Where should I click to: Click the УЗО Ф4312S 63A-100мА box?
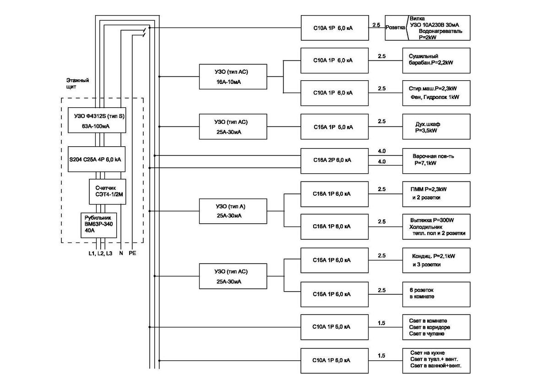tap(97, 120)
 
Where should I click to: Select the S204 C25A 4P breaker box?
tap(97, 159)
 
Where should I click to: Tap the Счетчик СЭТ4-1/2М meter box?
tap(107, 191)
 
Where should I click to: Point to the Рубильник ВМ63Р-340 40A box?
tap(98, 225)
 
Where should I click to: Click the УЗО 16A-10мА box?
tap(233, 77)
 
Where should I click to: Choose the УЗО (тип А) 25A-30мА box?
tap(233, 211)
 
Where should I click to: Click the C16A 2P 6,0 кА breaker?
tap(334, 160)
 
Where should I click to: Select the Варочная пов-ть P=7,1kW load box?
tap(436, 160)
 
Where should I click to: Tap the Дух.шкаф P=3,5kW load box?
tap(436, 127)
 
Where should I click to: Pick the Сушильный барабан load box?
tap(436, 60)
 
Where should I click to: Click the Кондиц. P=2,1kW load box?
tap(436, 260)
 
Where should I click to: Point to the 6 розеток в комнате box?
tap(436, 294)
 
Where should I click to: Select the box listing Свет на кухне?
tap(436, 360)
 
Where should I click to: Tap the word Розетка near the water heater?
tap(396, 28)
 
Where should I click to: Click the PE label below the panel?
tap(132, 253)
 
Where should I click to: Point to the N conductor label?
tap(121, 253)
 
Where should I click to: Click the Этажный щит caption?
tap(77, 83)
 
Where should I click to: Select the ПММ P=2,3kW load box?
tap(436, 194)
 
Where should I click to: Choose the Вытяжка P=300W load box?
tap(436, 226)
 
